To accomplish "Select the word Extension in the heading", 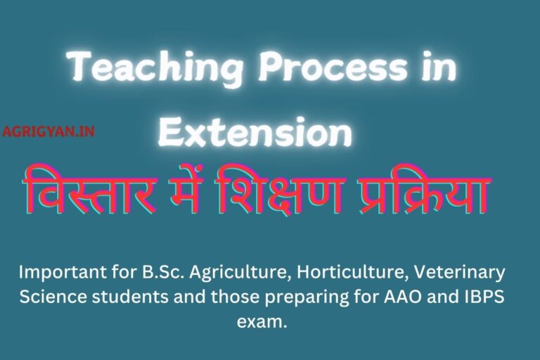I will (x=255, y=131).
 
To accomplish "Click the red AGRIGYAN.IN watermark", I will (x=49, y=131).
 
